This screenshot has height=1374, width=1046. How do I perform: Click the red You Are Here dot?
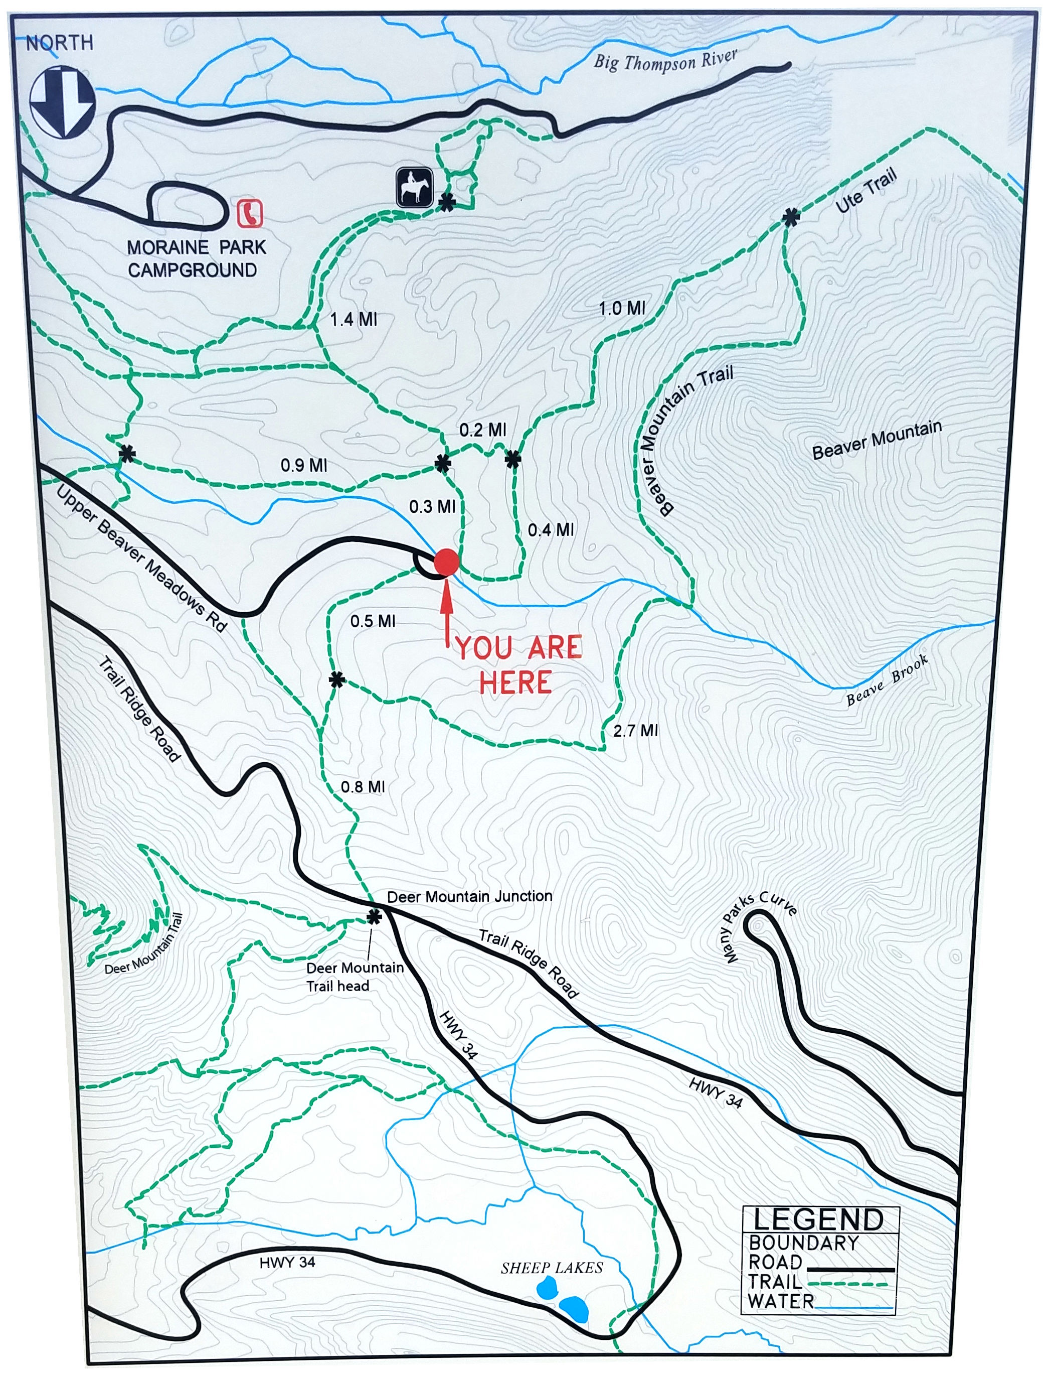446,562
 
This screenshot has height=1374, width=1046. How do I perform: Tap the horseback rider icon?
415,187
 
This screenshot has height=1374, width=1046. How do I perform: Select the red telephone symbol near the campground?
250,213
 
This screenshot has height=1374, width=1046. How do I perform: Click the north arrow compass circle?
62,101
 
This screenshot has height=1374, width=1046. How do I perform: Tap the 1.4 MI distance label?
353,320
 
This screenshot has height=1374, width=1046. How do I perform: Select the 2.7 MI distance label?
635,730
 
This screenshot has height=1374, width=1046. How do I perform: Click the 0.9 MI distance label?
303,466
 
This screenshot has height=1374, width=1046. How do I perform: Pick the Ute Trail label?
866,190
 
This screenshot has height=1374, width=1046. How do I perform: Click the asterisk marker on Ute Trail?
791,217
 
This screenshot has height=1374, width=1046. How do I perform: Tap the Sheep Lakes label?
552,1268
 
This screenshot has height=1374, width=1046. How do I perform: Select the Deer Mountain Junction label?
469,897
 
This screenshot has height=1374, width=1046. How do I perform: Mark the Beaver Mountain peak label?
877,440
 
